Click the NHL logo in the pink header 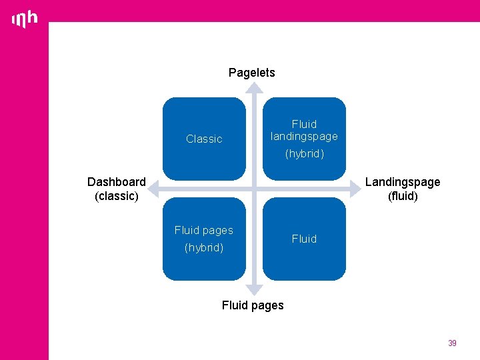click(25, 19)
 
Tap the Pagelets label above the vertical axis click(251, 73)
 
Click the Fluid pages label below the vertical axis click(253, 305)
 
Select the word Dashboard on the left click(117, 182)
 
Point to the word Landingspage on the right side click(403, 182)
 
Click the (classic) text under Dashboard click(117, 196)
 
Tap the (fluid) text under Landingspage click(403, 196)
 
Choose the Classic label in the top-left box click(204, 139)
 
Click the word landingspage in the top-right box click(304, 136)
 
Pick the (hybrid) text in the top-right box click(305, 154)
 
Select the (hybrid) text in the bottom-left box click(204, 248)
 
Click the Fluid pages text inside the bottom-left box click(204, 230)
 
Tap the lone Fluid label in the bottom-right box click(304, 239)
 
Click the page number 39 click(452, 343)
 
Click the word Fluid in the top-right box click(304, 124)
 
